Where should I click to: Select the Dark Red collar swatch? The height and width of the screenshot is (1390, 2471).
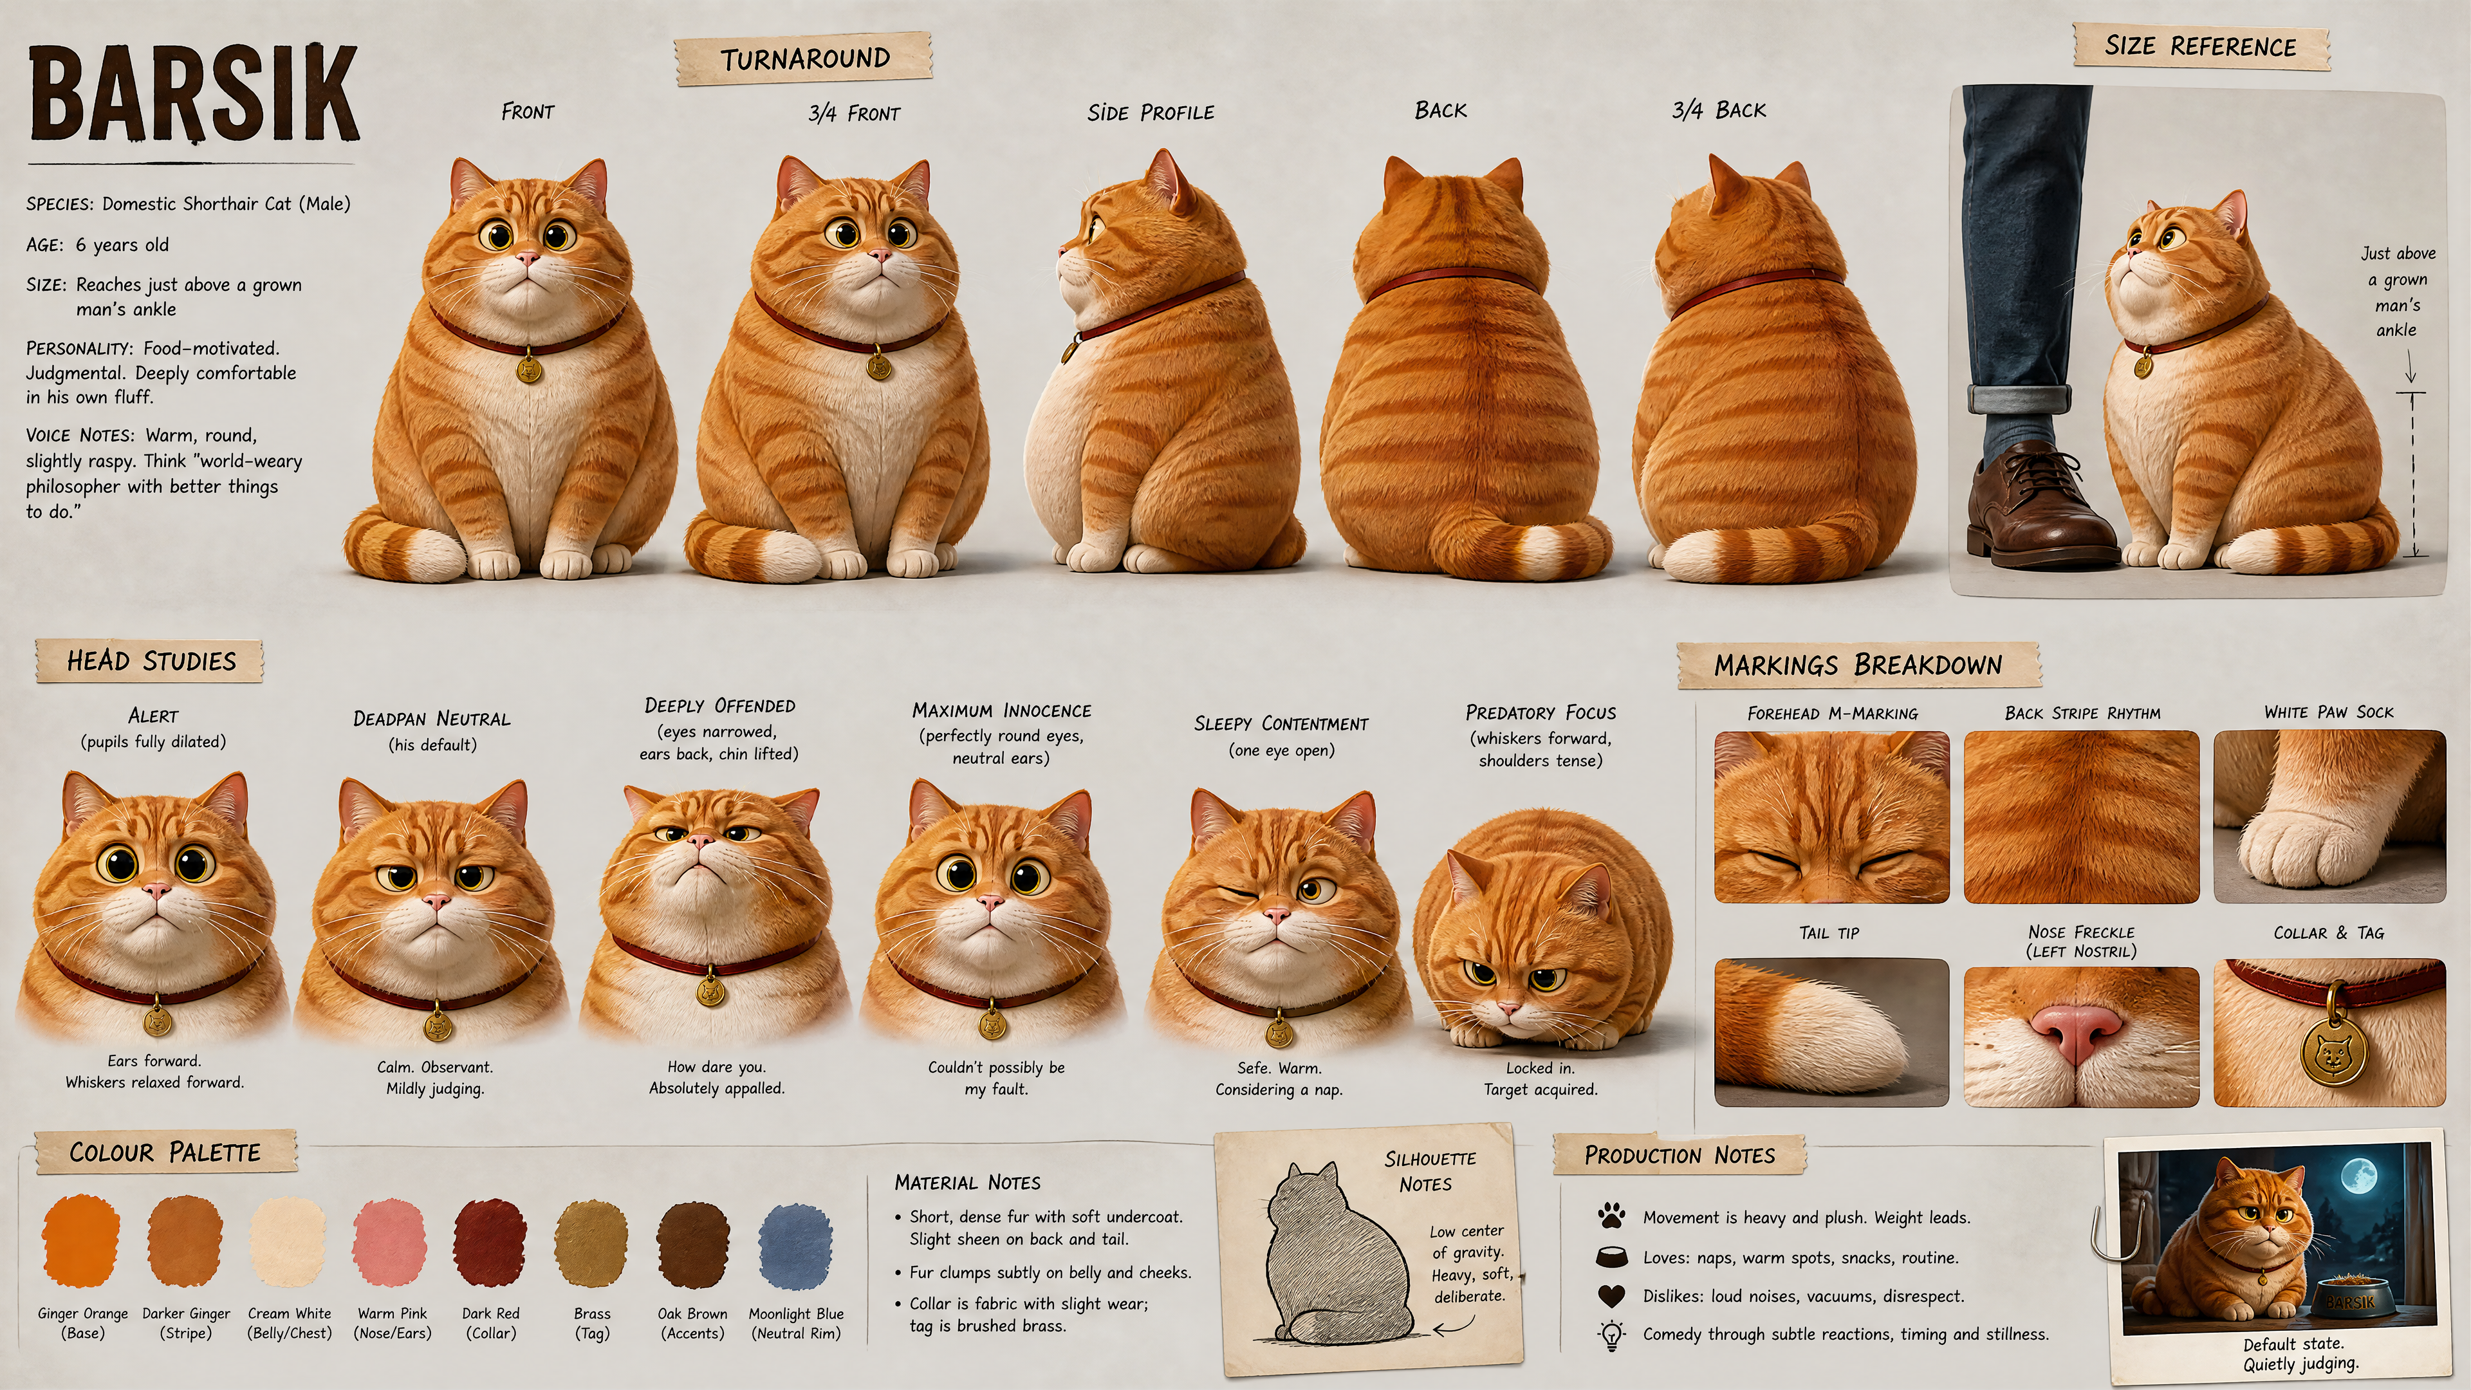490,1241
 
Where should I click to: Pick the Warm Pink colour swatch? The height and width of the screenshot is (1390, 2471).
389,1242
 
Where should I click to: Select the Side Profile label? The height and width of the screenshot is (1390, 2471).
1150,112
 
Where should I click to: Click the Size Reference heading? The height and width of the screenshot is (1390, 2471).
2201,46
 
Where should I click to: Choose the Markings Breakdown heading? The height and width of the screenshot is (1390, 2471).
1858,665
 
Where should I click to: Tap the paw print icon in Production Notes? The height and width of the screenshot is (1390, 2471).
1611,1216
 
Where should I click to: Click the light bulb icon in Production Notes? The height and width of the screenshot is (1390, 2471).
1611,1335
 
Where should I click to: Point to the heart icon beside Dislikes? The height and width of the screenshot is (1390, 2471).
1611,1296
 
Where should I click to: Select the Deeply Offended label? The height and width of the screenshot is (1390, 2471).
719,706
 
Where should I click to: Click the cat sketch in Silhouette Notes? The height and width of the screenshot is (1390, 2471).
1329,1252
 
